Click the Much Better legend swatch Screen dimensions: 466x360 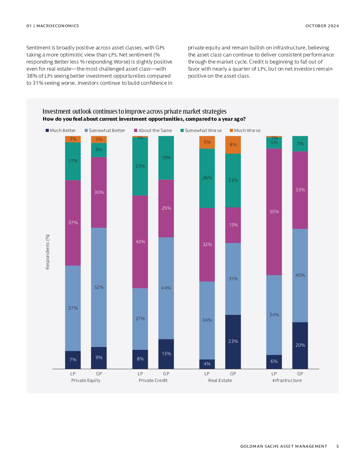pos(47,130)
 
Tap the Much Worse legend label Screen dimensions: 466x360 pos(247,130)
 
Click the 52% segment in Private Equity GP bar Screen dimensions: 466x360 pos(99,287)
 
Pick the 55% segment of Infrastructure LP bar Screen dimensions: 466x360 pos(274,212)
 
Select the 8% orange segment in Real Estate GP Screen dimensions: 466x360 pos(233,145)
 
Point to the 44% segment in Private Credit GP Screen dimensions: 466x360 pos(166,288)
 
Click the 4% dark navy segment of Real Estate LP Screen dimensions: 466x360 pos(207,364)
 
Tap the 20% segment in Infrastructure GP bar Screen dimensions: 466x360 pos(300,345)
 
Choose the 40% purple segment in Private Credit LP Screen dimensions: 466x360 pos(140,242)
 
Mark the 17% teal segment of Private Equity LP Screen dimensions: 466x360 pos(73,161)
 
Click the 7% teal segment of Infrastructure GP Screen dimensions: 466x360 pos(300,144)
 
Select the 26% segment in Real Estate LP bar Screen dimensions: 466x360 pos(207,178)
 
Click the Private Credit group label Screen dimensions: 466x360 pos(153,380)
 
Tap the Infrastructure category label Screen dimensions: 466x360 pos(287,380)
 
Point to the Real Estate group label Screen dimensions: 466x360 pos(220,380)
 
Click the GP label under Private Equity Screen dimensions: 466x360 pos(99,374)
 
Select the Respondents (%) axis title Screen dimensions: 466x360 pos(48,252)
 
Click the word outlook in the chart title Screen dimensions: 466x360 pos(82,112)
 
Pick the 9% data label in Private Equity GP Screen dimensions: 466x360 pos(99,358)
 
